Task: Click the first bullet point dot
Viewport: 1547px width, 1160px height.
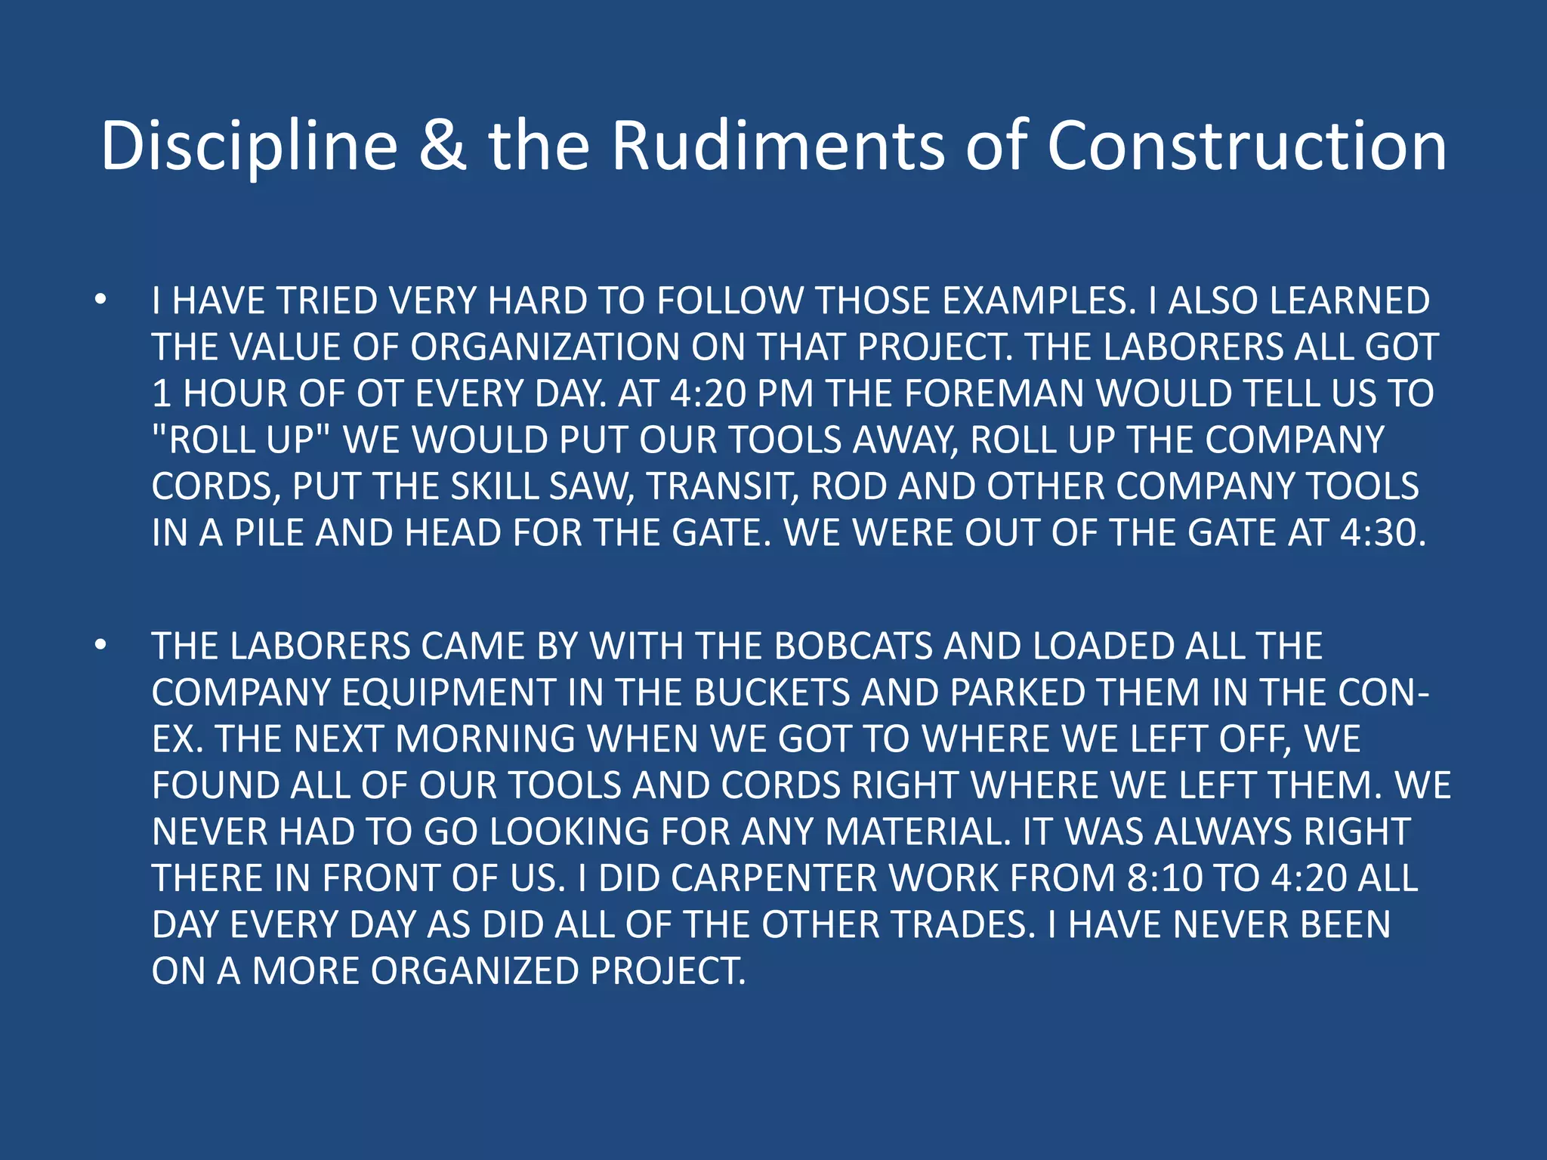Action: [101, 301]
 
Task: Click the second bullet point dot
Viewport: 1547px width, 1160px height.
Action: [101, 646]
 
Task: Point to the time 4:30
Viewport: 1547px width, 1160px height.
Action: [1382, 533]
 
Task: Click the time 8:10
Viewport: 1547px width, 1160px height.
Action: [1164, 878]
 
